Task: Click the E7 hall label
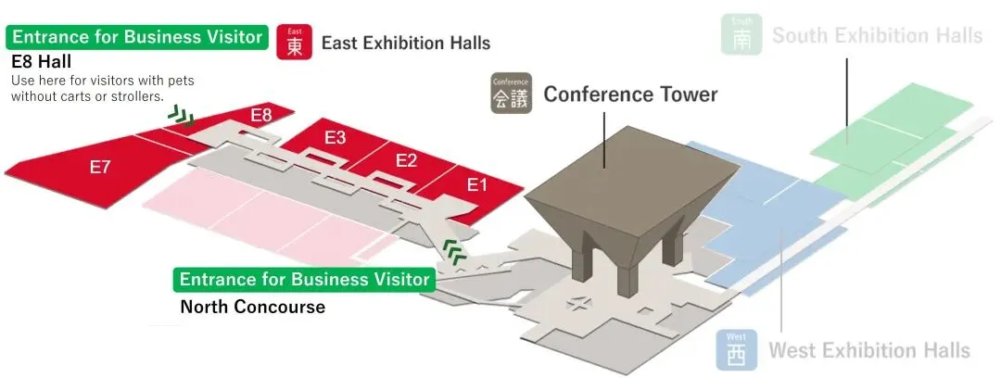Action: [x=100, y=168]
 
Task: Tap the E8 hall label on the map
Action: [x=261, y=116]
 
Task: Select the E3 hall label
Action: [x=335, y=138]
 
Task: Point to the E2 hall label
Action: [x=406, y=160]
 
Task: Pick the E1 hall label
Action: [x=476, y=185]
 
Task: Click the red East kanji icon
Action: [x=294, y=43]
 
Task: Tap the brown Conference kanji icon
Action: [x=510, y=94]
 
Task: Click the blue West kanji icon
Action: [x=736, y=349]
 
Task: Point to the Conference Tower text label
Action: [x=630, y=94]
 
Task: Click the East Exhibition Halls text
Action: [x=406, y=43]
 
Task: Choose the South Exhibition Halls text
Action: [x=877, y=35]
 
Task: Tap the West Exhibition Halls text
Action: [x=869, y=350]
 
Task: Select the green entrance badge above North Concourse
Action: [x=305, y=279]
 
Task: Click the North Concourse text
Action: [x=252, y=307]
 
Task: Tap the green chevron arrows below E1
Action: [x=453, y=250]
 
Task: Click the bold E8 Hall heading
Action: [x=48, y=61]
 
